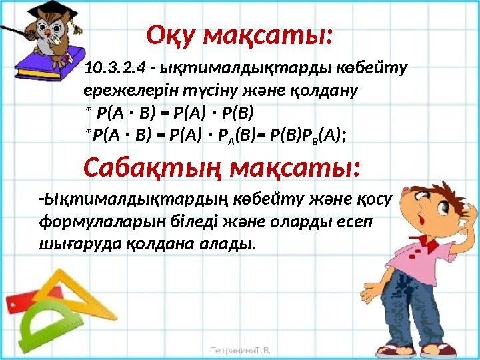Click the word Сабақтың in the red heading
tap(151, 168)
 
